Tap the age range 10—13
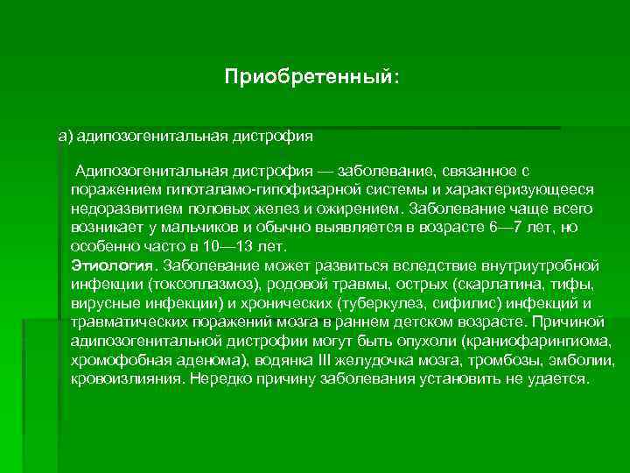(228, 246)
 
